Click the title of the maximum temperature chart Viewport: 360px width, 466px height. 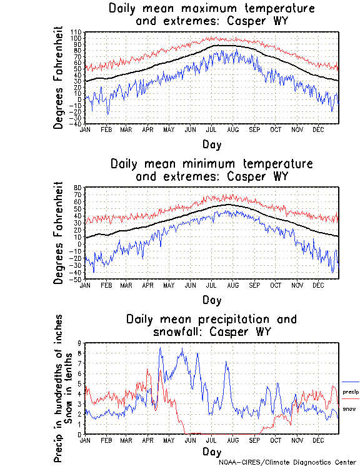pos(211,15)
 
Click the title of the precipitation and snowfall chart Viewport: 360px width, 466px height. pos(211,325)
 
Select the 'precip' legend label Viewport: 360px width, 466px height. pos(350,391)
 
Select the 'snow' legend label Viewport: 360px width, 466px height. pos(349,408)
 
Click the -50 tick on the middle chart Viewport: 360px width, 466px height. pos(77,280)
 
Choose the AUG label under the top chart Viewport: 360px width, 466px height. pos(232,129)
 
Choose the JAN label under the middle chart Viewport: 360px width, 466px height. pos(85,285)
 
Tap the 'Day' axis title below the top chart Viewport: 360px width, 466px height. pos(211,144)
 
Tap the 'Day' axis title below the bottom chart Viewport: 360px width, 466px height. pos(211,452)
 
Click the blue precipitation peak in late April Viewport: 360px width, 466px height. pos(160,349)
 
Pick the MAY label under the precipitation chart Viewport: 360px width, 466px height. pos(169,440)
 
